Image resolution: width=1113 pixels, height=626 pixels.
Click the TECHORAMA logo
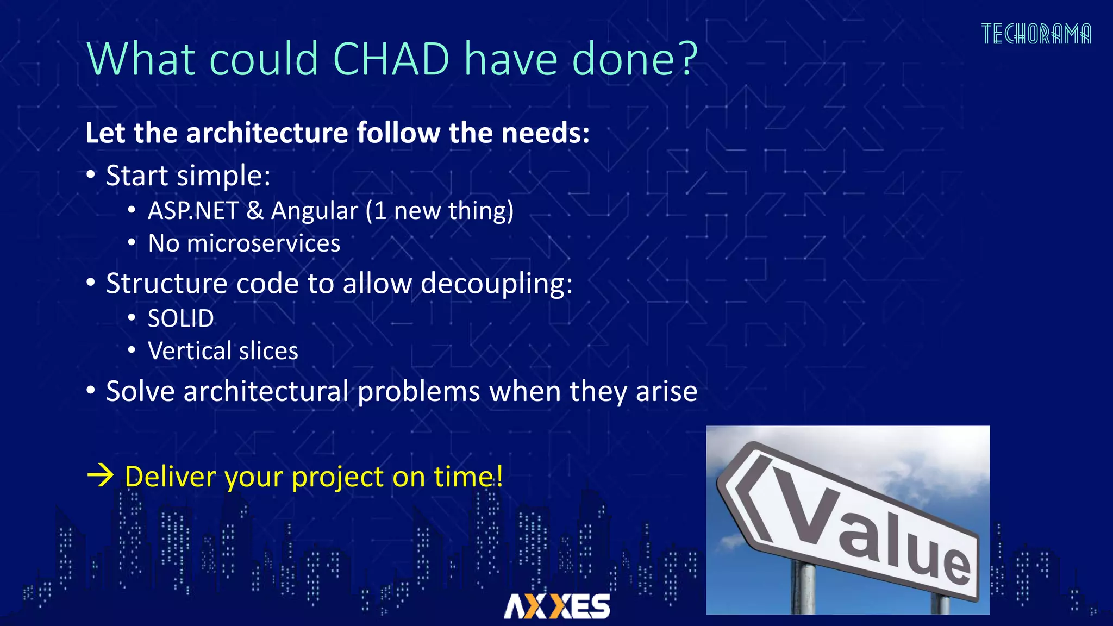point(1036,34)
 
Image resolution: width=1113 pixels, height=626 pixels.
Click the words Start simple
point(188,176)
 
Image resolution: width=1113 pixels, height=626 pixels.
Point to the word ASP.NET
point(193,211)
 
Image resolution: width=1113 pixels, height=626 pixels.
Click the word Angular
point(315,211)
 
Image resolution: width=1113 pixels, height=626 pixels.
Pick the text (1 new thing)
point(439,211)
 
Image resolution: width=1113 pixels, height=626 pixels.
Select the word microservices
point(264,243)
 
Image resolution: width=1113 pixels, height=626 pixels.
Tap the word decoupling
point(496,284)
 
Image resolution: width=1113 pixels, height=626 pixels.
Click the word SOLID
point(181,318)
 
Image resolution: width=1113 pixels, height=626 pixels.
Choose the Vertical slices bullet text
point(223,351)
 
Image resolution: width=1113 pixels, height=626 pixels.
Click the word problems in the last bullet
point(418,391)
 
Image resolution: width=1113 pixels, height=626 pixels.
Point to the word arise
point(666,391)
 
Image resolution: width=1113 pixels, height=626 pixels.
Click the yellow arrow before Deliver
point(101,476)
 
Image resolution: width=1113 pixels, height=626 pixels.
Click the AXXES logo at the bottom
point(556,606)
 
